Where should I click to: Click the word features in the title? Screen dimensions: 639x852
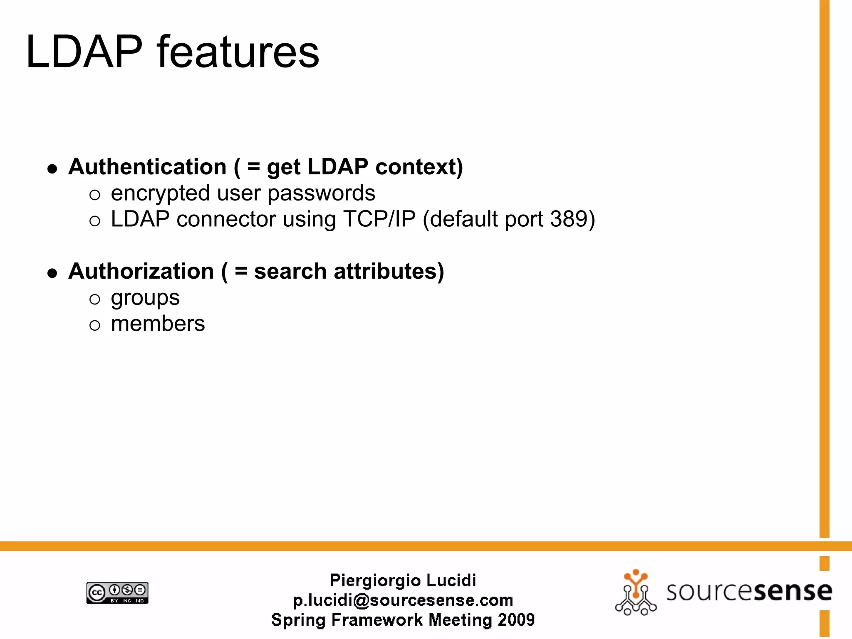click(238, 52)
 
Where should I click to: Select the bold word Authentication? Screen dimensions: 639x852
click(147, 167)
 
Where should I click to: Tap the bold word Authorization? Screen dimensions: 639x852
click(141, 271)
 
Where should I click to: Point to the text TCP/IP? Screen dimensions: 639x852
click(379, 219)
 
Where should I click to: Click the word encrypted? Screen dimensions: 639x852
click(160, 193)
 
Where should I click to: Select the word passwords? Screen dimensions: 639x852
click(321, 193)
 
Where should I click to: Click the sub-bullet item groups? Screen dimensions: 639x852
click(145, 298)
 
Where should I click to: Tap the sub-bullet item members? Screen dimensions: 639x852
click(158, 324)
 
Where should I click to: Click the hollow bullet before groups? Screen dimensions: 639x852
click(95, 299)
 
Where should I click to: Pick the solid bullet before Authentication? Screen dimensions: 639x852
click(52, 168)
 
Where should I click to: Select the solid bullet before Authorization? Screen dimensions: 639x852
click(52, 273)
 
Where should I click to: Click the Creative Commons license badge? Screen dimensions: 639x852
click(117, 593)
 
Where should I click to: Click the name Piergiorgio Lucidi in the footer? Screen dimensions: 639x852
click(403, 580)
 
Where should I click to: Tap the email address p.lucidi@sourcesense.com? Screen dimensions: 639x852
click(403, 600)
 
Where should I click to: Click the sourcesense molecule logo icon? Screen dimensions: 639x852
click(635, 592)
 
